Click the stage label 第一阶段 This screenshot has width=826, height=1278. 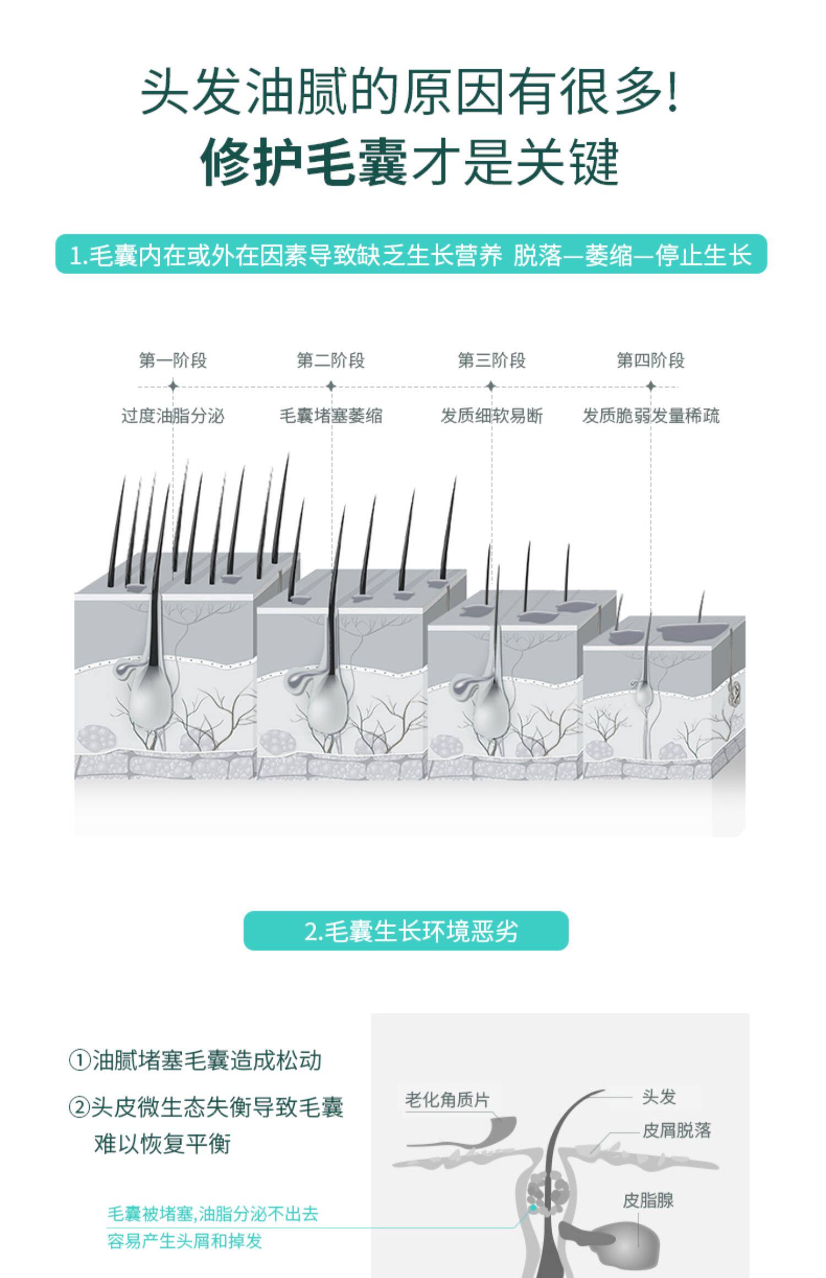(x=173, y=361)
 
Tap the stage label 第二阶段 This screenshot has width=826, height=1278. (x=331, y=361)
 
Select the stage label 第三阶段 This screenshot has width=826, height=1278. (x=492, y=361)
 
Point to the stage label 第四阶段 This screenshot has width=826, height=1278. (x=650, y=361)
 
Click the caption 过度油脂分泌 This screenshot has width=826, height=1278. (x=173, y=416)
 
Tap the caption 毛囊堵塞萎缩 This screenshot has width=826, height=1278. (x=331, y=416)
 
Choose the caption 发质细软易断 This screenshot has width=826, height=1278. (x=492, y=416)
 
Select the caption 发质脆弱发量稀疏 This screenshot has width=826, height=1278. (x=651, y=416)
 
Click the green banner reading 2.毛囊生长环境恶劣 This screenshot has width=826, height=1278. (x=406, y=931)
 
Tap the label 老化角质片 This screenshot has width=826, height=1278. (x=447, y=1100)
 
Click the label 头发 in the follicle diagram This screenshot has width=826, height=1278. (x=659, y=1096)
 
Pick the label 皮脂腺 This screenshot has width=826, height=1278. (x=648, y=1200)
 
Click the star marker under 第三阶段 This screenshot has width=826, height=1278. (x=492, y=386)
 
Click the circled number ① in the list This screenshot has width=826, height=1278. (x=79, y=1060)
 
